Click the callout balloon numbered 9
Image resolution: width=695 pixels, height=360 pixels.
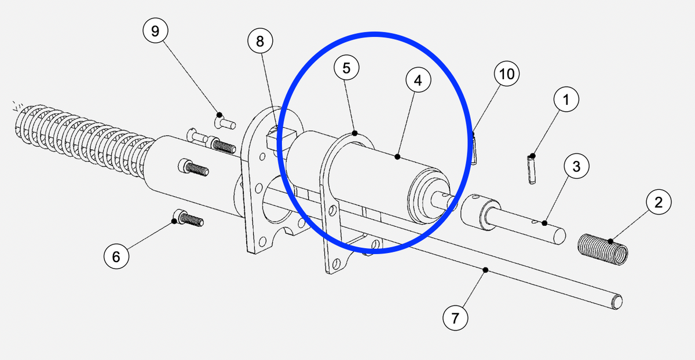[155, 31]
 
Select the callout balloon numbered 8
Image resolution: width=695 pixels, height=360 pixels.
[260, 41]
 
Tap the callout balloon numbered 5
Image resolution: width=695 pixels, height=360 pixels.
[346, 68]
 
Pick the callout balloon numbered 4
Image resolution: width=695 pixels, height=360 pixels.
[418, 80]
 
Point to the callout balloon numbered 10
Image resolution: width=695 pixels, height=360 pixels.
[507, 74]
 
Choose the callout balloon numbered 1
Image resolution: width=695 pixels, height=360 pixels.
[566, 99]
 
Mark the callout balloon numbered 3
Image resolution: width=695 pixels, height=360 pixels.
[576, 166]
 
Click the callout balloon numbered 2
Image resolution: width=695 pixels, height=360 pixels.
[659, 202]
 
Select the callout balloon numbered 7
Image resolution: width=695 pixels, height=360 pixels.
[455, 318]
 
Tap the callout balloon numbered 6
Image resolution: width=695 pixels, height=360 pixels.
[116, 256]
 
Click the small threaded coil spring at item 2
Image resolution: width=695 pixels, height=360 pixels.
[603, 249]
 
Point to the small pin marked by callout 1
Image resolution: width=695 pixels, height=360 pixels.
[532, 170]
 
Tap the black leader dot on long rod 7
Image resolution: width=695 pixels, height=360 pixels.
[485, 270]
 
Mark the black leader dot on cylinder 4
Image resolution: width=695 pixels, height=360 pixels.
[397, 157]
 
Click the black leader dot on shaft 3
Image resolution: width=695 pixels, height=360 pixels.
[544, 223]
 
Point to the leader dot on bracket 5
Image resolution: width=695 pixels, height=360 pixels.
[355, 133]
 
